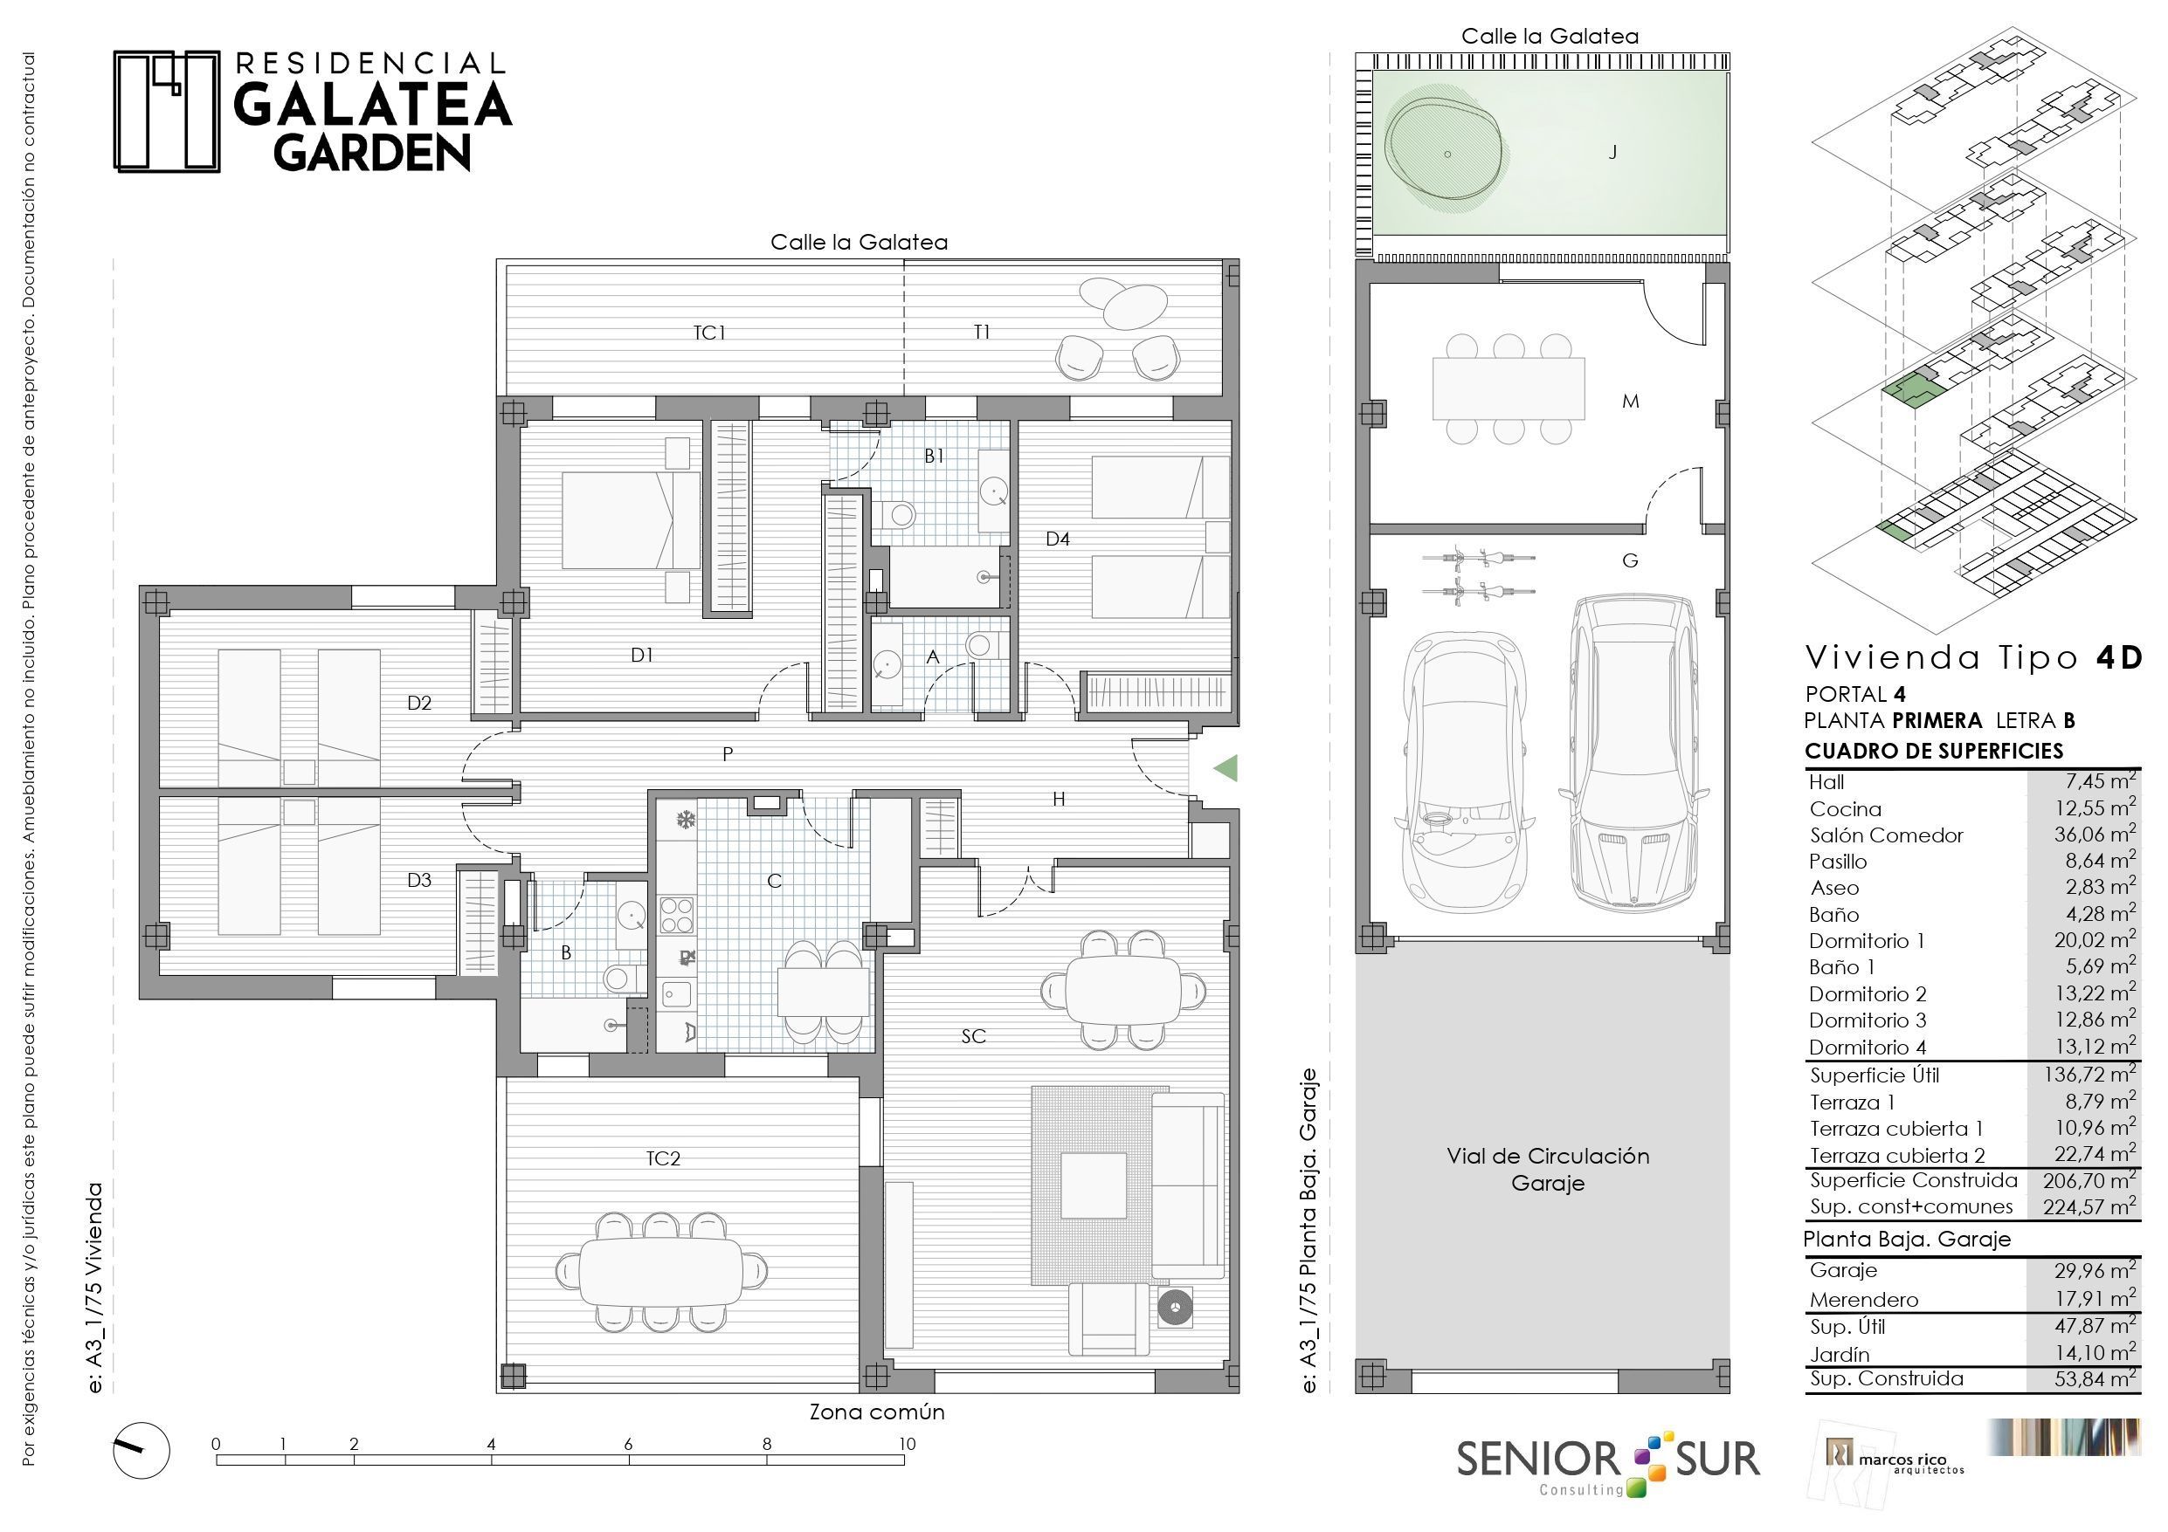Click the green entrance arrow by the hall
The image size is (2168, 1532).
pos(1226,768)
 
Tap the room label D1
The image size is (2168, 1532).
pos(642,655)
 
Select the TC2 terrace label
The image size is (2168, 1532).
pos(663,1158)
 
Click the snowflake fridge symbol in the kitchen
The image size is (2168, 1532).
pos(685,821)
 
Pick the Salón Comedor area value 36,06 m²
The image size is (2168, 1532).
pos(2095,834)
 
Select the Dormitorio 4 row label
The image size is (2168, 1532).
pos(1867,1047)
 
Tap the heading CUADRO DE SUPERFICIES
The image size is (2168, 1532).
pos(1934,752)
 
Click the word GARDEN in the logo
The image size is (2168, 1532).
pos(372,152)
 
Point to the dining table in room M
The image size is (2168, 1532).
pos(1508,388)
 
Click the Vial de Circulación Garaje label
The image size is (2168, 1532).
pos(1548,1170)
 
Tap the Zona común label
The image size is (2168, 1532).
pos(876,1412)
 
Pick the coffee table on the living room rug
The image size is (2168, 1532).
pos(1094,1185)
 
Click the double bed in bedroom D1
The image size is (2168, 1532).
pos(631,520)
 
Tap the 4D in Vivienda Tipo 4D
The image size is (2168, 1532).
pos(2118,657)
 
